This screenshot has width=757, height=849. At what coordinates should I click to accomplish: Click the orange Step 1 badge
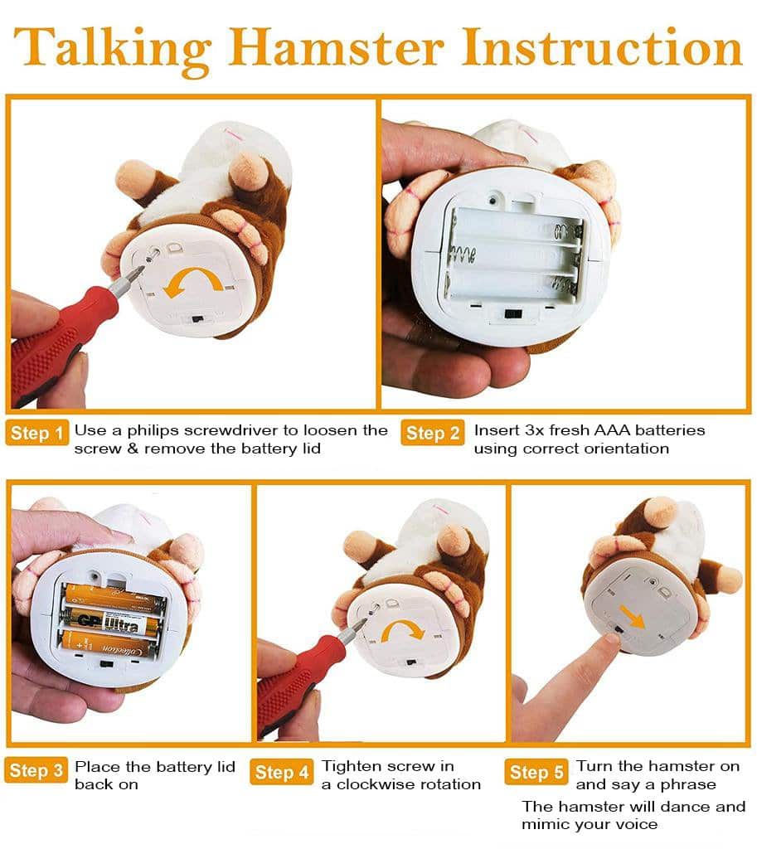click(36, 433)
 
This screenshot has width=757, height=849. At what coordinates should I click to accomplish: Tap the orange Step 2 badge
click(433, 433)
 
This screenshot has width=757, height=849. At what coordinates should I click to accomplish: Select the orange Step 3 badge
click(36, 770)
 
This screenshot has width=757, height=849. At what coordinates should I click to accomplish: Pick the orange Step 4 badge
click(282, 772)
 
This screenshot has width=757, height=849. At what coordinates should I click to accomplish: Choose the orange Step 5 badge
click(536, 772)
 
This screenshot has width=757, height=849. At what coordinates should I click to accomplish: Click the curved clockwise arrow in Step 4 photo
click(401, 623)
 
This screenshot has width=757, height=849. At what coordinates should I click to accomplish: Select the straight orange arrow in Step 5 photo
click(631, 617)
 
